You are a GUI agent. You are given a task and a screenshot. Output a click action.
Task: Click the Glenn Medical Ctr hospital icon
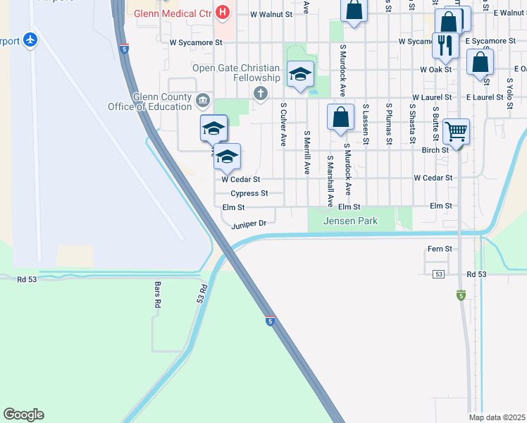(x=223, y=12)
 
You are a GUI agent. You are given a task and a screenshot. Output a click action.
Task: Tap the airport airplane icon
(x=30, y=40)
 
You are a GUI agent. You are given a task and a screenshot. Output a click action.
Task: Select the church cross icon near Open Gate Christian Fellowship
(x=261, y=92)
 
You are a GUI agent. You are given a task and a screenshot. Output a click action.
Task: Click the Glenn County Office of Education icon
(x=203, y=100)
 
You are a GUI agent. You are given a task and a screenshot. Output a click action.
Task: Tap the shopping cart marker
(x=456, y=130)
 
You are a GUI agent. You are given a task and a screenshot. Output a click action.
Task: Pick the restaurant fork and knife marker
(x=444, y=45)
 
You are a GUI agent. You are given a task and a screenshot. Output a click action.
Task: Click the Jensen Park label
(x=350, y=221)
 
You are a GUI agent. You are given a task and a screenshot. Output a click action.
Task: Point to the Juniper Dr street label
(x=249, y=224)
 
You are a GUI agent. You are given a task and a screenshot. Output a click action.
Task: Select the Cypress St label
(x=249, y=193)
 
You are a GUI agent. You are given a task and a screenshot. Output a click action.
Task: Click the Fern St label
(x=440, y=249)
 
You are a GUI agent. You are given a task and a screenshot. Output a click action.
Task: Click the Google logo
(x=23, y=415)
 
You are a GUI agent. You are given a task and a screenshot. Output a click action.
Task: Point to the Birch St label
(x=435, y=150)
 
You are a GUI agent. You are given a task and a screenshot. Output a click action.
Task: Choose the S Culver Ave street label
(x=283, y=125)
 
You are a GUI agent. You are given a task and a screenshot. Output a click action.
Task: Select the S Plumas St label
(x=389, y=124)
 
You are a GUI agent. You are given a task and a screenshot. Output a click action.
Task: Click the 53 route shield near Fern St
(x=438, y=274)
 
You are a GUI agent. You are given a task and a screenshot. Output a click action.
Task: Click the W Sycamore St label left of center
(x=196, y=42)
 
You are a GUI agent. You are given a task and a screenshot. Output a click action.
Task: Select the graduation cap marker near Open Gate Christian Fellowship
(x=300, y=74)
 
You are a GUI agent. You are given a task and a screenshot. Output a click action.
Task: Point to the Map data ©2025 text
(x=497, y=417)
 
